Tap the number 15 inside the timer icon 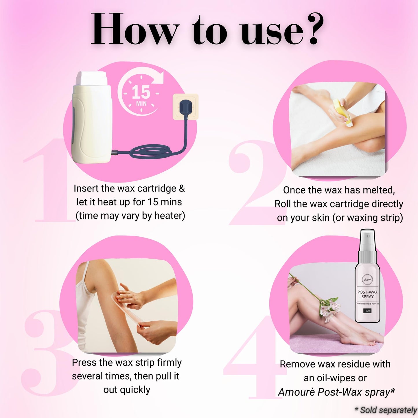pos(141,92)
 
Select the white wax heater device pos(92,117)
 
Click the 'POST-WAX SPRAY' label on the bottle pos(367,294)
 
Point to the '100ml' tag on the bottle pos(367,311)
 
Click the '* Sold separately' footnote pos(386,410)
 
